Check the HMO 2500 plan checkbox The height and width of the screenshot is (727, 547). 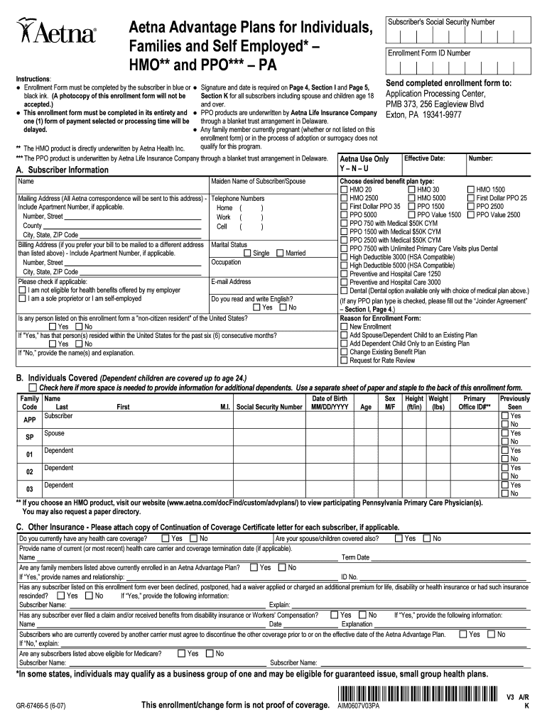(345, 198)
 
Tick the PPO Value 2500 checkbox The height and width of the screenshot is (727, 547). (471, 214)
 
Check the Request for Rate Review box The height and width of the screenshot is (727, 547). (345, 361)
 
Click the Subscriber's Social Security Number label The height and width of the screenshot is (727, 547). (441, 23)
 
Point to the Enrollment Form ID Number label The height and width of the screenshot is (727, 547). (429, 53)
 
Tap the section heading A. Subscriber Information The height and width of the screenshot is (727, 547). (63, 170)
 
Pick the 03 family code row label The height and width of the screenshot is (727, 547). (29, 489)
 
